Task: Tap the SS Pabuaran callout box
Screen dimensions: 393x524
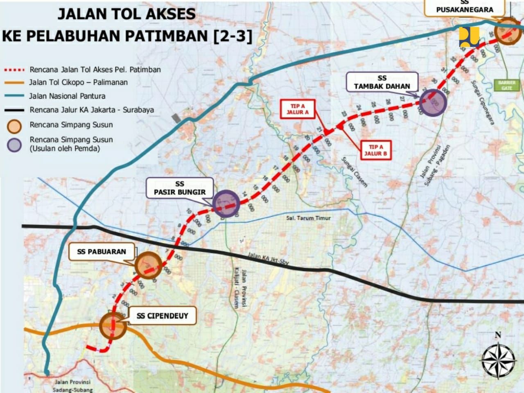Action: pyautogui.click(x=102, y=251)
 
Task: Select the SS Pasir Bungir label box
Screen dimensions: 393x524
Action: pyautogui.click(x=180, y=188)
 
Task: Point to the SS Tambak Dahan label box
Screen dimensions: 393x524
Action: pyautogui.click(x=382, y=82)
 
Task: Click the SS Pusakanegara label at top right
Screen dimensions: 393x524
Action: pyautogui.click(x=465, y=7)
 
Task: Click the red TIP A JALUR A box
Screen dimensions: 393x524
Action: pyautogui.click(x=298, y=109)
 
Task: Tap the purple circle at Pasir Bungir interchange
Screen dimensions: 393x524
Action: pyautogui.click(x=226, y=203)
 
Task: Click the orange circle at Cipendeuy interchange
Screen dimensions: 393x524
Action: pyautogui.click(x=113, y=325)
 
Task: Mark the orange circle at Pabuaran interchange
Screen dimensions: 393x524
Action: pyautogui.click(x=148, y=265)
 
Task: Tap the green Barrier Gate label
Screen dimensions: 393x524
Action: pyautogui.click(x=507, y=85)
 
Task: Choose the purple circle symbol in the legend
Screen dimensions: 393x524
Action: pyautogui.click(x=15, y=145)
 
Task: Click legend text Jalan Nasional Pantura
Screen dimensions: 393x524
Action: pyautogui.click(x=67, y=96)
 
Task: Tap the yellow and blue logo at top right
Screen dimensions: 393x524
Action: pyautogui.click(x=469, y=36)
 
